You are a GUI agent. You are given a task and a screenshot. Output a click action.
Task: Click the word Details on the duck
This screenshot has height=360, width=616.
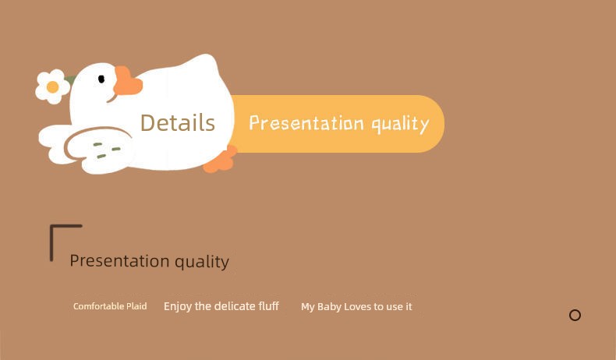point(178,123)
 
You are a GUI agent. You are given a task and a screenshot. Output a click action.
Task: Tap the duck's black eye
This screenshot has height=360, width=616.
point(101,79)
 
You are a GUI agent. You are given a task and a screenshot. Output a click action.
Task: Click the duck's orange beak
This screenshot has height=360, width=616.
point(127,81)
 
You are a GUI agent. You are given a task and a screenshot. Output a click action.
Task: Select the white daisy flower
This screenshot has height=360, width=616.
point(53,86)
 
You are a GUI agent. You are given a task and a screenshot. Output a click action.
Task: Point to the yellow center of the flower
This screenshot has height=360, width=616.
point(53,86)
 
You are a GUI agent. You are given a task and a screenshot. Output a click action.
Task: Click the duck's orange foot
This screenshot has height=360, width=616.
point(221,160)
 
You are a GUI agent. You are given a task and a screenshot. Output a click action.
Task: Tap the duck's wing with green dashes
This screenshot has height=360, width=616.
point(98,145)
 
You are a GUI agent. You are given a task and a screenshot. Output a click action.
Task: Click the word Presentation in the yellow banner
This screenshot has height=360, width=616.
point(306,123)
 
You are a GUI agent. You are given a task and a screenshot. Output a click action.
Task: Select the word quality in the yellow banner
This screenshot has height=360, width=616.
point(400,125)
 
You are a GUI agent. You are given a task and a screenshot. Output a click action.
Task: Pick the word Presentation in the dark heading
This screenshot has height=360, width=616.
point(120,261)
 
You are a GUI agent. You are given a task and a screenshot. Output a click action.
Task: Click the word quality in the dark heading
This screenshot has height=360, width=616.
point(202,262)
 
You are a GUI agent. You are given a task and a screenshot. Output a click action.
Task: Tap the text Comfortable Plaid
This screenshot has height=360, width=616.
point(110,306)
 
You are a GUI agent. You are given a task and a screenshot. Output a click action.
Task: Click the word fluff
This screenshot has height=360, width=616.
point(269,305)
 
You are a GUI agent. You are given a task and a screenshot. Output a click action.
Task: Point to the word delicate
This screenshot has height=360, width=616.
point(235,305)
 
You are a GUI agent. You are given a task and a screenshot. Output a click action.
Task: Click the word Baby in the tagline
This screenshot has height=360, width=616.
point(329,307)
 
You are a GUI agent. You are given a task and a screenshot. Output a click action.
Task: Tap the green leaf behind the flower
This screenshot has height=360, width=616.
point(70,80)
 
